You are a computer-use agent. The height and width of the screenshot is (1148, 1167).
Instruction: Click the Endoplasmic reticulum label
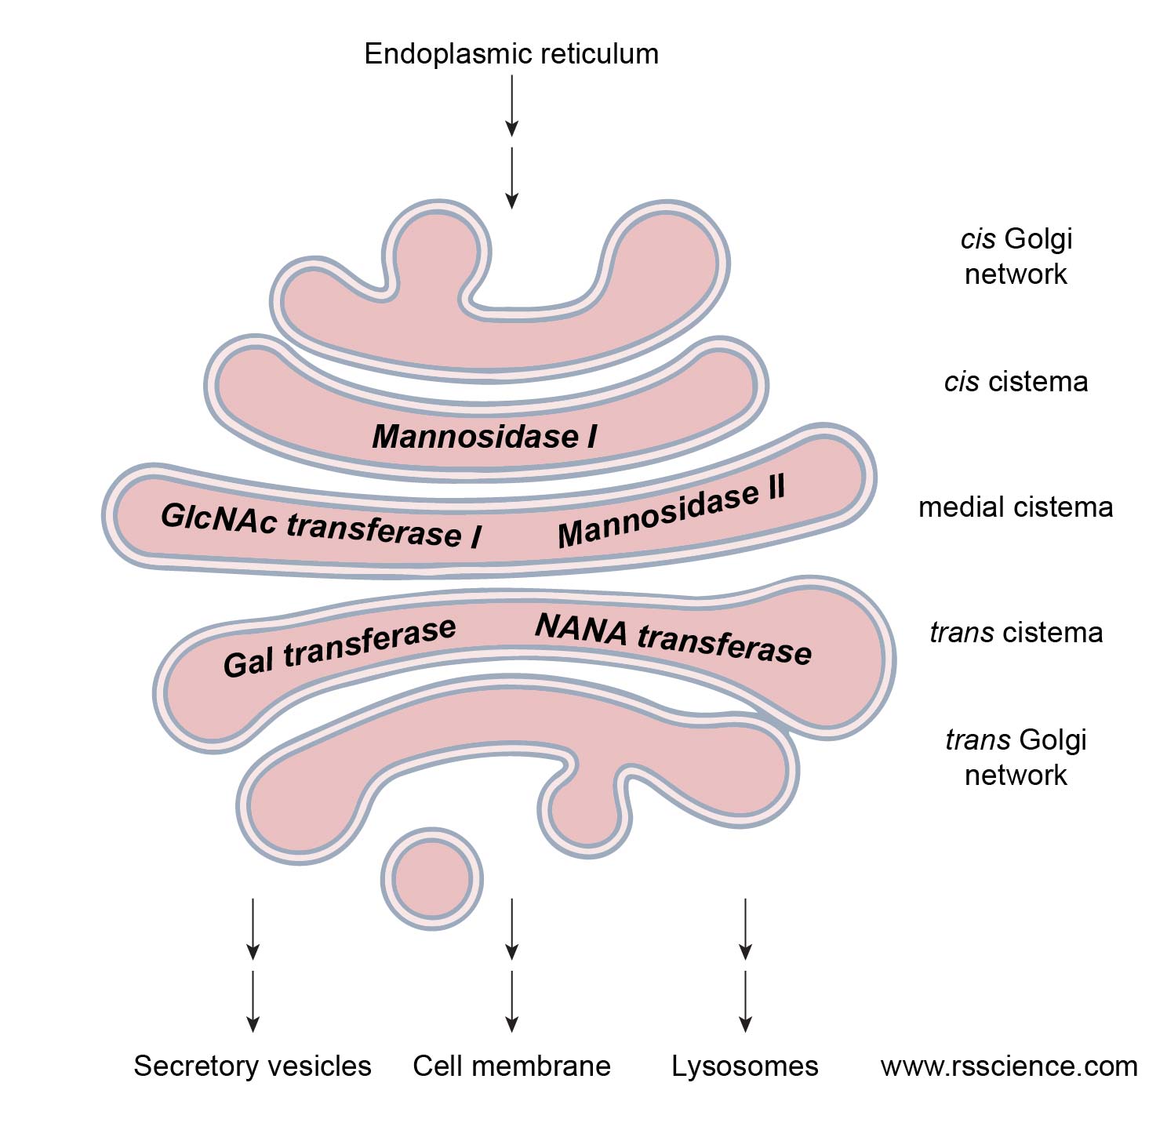tap(511, 54)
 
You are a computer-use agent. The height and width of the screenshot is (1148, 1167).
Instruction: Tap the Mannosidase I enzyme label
tap(485, 437)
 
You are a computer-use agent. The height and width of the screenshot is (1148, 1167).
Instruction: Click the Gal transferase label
tap(339, 646)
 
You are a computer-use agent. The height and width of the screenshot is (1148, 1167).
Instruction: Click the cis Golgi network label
tap(1016, 256)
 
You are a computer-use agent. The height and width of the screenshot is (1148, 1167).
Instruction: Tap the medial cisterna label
tap(1016, 507)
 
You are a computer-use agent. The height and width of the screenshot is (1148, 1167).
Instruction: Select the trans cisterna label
tap(1016, 632)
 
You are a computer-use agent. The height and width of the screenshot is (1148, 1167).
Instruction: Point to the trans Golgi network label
tap(1016, 757)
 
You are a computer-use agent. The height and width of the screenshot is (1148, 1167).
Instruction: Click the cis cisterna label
tap(1016, 382)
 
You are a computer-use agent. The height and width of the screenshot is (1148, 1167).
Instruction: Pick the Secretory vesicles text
tap(252, 1066)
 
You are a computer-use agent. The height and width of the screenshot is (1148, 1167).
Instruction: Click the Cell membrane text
tap(511, 1066)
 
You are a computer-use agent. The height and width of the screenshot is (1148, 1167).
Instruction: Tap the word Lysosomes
tap(744, 1066)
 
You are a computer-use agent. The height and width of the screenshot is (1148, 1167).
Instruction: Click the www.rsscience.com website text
tap(1009, 1066)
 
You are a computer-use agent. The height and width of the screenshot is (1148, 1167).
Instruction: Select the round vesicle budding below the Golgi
tap(431, 878)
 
